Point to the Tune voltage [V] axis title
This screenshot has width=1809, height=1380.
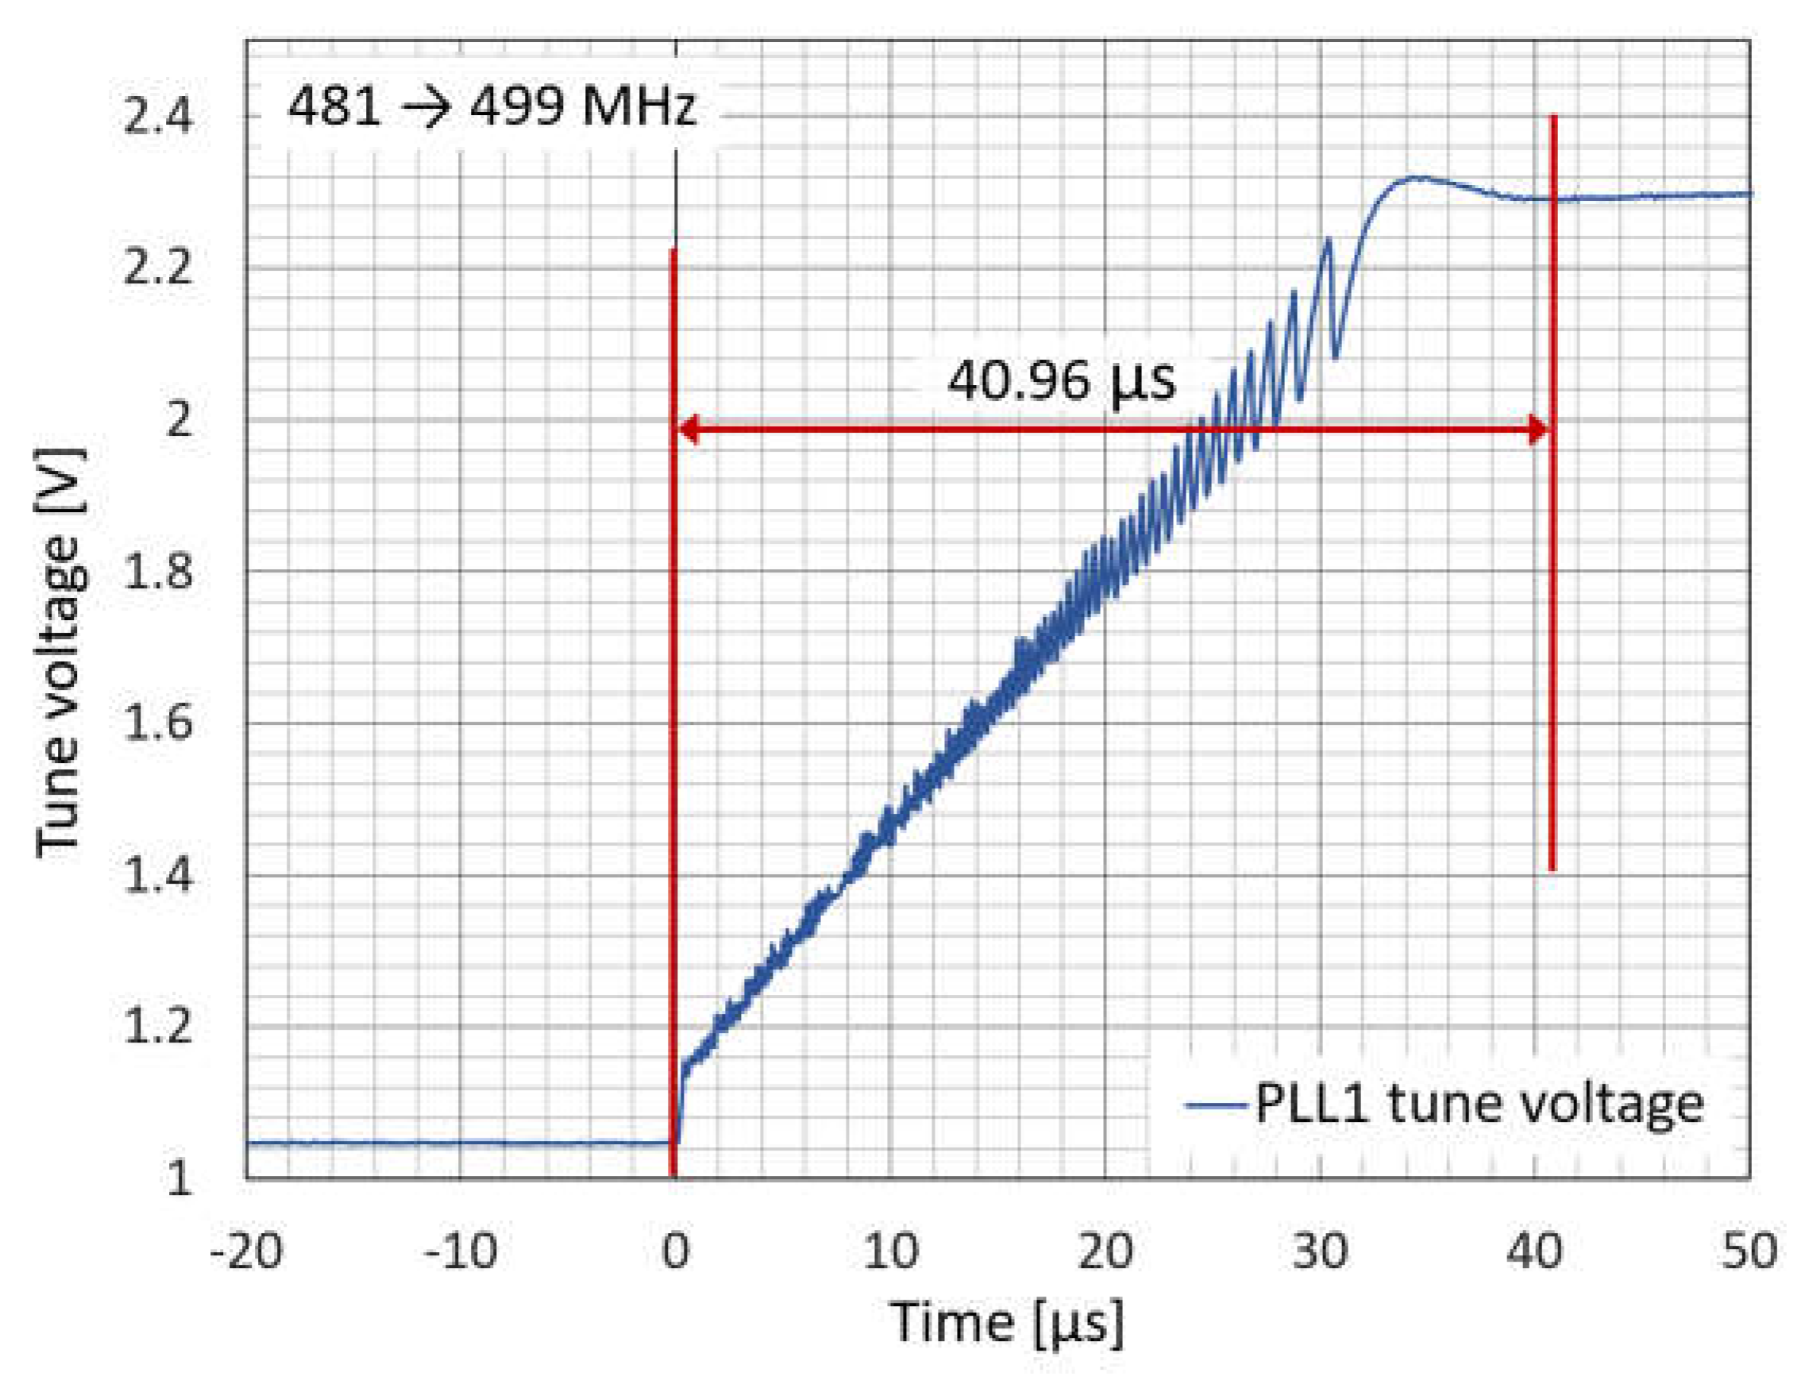coord(59,653)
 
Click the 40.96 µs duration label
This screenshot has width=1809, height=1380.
coord(1062,380)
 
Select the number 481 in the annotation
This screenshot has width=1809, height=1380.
coord(334,106)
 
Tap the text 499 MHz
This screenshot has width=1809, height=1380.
coord(584,106)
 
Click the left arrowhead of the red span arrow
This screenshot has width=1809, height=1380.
coord(687,429)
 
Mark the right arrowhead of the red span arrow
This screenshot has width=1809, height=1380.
coord(1538,429)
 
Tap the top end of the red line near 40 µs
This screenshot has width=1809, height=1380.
coord(1552,118)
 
